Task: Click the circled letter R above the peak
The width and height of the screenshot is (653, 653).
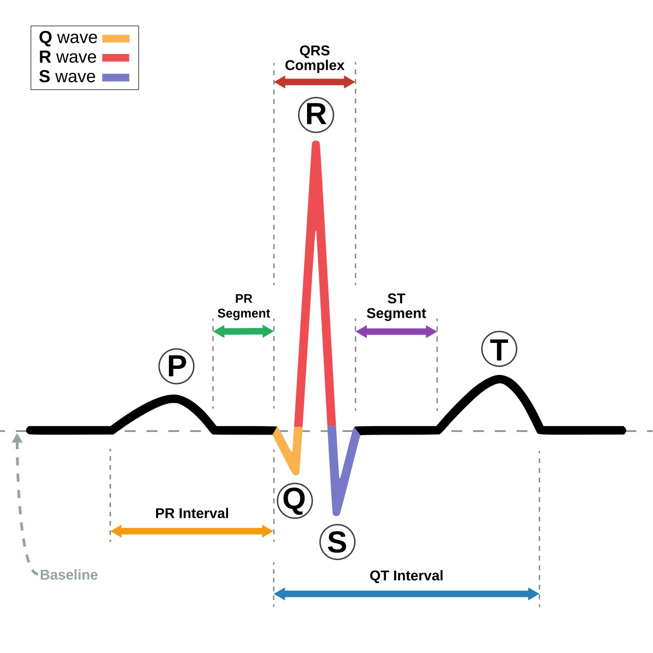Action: coord(316,115)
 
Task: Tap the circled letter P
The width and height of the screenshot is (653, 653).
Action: coord(176,366)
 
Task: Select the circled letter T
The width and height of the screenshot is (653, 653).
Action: coord(499,349)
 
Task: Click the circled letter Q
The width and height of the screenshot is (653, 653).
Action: coord(294,500)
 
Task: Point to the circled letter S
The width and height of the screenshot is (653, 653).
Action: coord(337,542)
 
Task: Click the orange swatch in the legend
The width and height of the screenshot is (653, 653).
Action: coord(116,38)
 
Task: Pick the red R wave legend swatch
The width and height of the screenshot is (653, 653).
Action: coord(116,58)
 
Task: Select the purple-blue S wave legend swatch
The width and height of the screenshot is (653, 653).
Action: coord(116,78)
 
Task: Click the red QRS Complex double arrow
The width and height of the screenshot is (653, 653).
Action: coord(314,82)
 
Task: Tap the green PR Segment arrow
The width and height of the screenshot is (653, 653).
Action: coord(243,332)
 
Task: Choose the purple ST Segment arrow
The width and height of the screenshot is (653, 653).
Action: coord(396,332)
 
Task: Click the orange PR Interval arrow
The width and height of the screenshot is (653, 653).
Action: coord(192,531)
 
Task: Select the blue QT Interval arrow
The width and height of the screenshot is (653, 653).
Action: coord(406,594)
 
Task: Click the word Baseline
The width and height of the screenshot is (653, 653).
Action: coord(69,575)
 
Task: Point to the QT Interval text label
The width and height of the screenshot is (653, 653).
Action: coord(406,576)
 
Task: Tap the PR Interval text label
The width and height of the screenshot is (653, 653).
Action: coord(192,513)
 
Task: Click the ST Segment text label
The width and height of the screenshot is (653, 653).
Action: coord(396,306)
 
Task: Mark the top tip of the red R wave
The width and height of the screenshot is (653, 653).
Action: coord(316,142)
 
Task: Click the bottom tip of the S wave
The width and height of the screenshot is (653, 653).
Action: coord(336,514)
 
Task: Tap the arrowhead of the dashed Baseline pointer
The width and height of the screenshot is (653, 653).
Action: coord(17,438)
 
